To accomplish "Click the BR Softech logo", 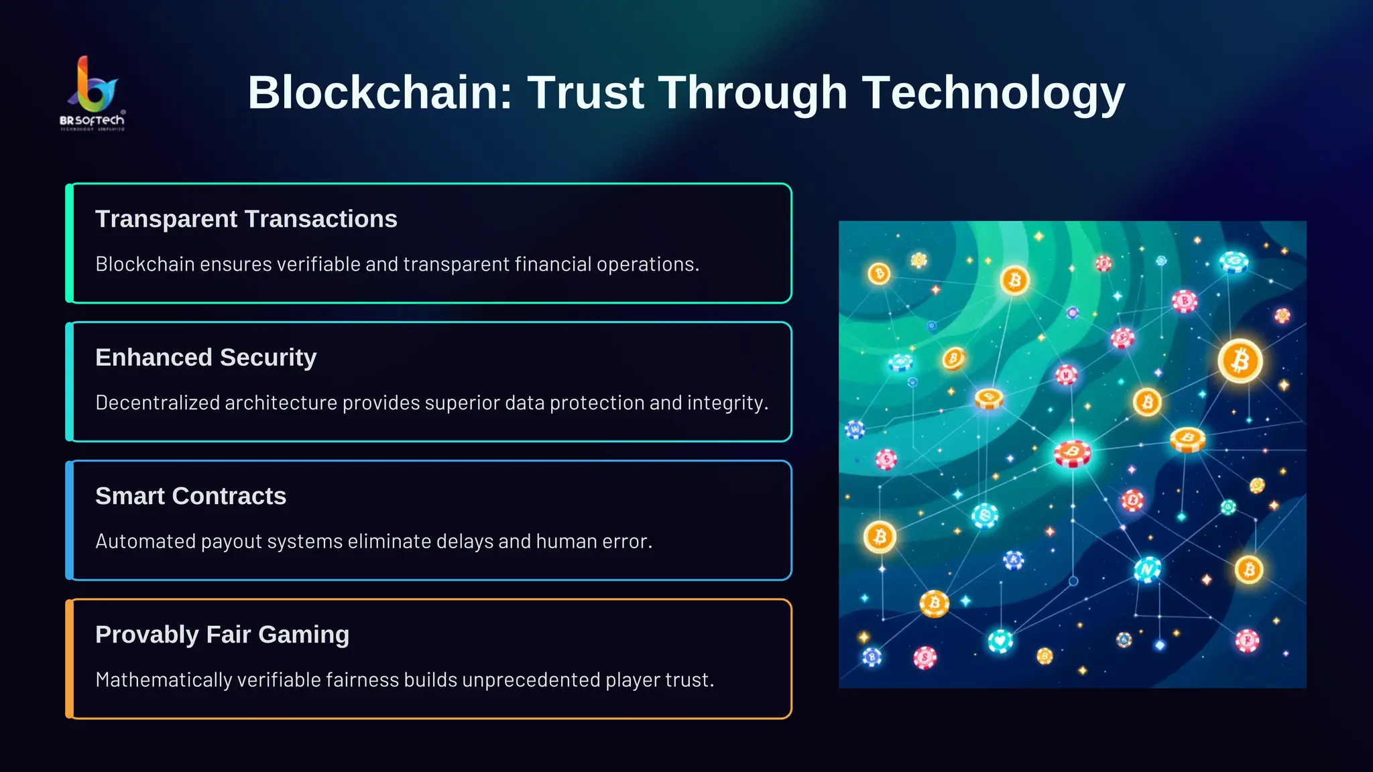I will [x=93, y=93].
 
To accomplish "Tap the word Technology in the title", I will [x=993, y=92].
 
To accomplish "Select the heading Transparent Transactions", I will [x=246, y=219].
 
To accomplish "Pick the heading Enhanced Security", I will [x=206, y=358].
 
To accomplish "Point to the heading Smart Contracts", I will [x=190, y=496].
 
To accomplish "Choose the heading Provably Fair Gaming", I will [x=222, y=635].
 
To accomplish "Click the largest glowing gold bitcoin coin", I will [x=1240, y=361].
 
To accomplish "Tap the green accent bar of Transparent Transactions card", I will [x=69, y=243].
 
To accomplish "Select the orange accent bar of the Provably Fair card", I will [x=69, y=659].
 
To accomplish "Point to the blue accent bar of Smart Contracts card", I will [x=69, y=520].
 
